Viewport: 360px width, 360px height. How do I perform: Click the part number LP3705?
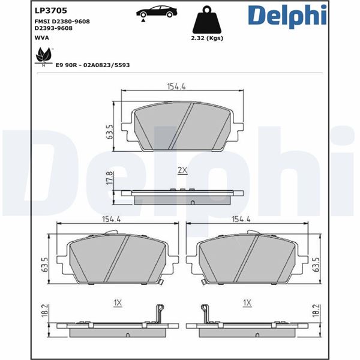coord(51,10)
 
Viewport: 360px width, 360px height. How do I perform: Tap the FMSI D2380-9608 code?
coord(62,22)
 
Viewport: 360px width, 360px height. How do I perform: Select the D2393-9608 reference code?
coord(53,28)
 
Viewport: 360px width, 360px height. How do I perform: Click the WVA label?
coord(42,38)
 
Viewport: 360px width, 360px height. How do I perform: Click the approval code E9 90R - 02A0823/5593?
coord(93,65)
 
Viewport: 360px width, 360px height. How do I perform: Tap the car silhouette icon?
coord(157,13)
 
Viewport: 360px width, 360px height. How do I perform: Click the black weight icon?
coord(207,20)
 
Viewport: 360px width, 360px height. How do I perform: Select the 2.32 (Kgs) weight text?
coord(207,38)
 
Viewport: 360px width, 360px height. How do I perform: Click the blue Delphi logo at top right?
coord(287,16)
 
